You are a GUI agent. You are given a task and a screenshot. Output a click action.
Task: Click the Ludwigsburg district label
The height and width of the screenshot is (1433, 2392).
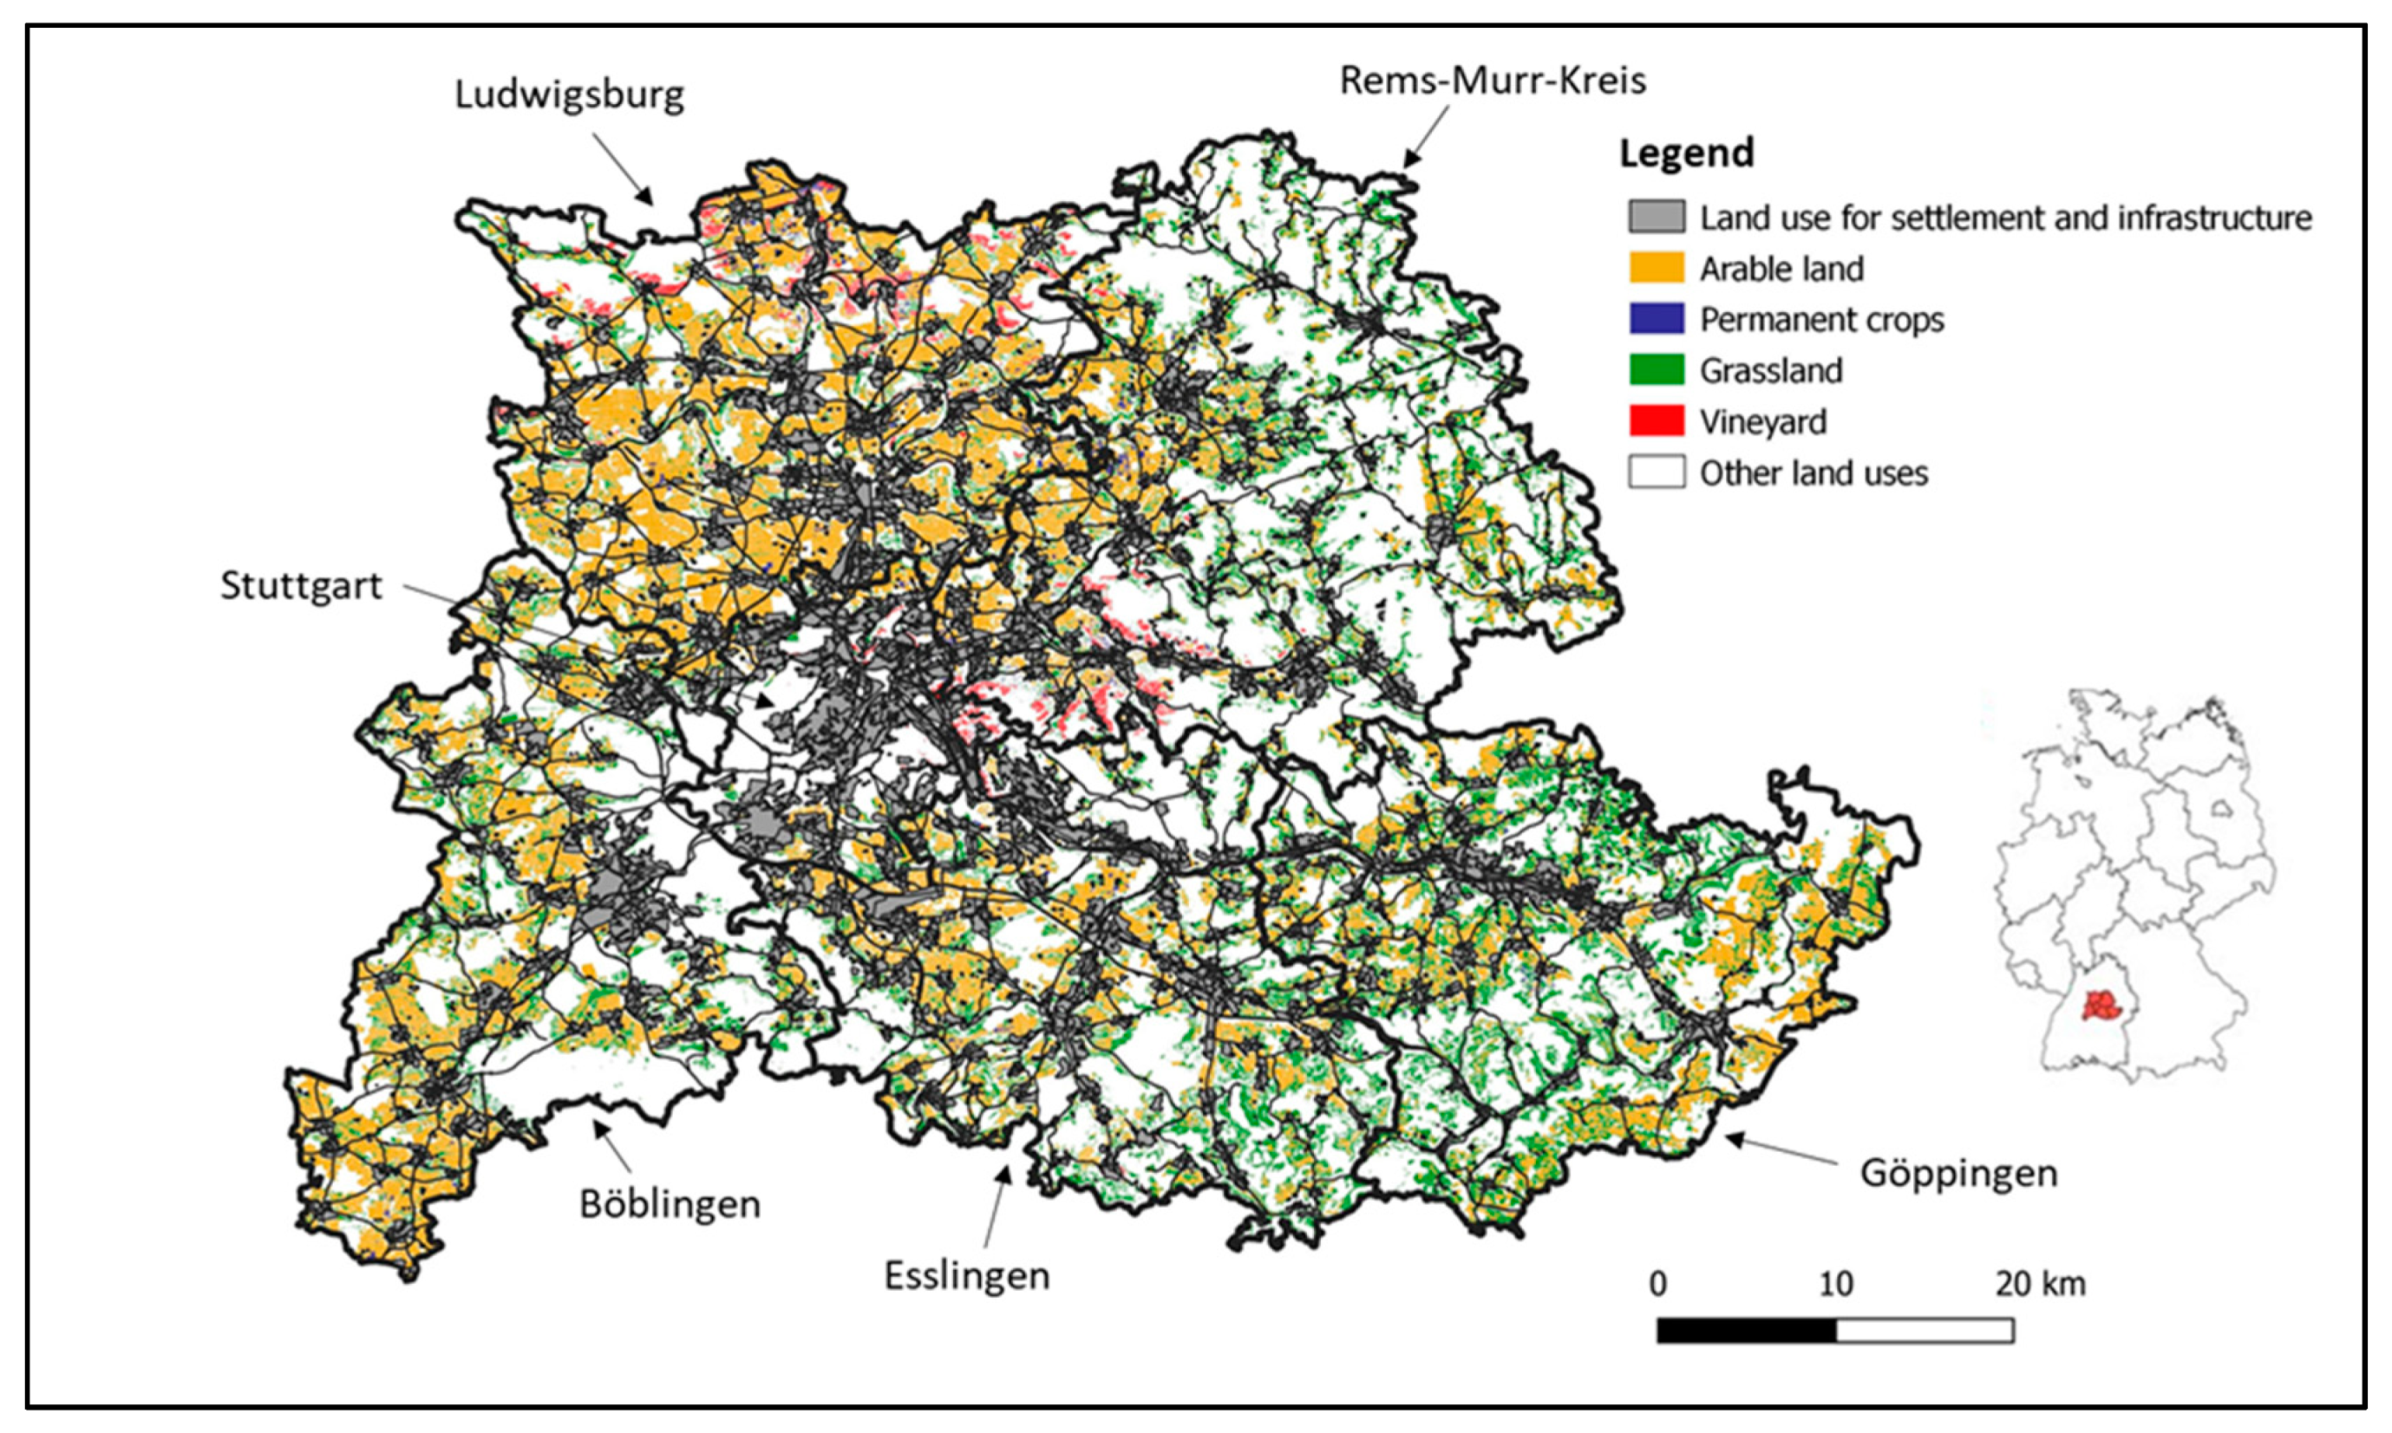569,95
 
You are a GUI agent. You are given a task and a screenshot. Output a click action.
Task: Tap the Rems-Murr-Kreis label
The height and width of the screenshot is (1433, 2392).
1492,80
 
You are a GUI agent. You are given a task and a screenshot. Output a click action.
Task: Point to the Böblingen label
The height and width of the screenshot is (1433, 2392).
670,1204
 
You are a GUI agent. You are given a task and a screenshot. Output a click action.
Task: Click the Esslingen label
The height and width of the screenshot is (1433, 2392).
966,1275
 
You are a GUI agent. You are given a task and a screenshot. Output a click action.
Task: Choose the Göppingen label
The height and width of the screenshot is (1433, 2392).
1958,1173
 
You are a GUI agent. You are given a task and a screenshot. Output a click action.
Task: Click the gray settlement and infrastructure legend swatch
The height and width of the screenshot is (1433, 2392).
1656,218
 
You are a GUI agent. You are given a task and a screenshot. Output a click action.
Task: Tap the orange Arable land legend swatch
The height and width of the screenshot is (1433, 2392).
1656,268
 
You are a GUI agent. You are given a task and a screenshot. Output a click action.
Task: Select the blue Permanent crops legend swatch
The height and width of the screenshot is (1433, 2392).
1656,319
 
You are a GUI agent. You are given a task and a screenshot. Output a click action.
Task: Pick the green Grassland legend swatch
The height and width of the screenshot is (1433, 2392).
1656,370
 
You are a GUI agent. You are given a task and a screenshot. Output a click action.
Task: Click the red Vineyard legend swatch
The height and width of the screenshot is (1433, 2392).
1656,421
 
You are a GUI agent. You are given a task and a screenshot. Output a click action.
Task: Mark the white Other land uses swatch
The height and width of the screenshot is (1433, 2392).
1656,472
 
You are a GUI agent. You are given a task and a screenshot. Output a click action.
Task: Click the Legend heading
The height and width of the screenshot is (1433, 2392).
1686,153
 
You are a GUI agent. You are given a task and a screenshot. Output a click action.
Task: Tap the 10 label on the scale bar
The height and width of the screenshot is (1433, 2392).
1835,1284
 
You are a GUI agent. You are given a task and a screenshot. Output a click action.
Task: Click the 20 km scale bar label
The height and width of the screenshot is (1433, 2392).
2041,1284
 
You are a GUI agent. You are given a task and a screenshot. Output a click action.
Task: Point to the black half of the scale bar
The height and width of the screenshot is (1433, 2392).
1746,1331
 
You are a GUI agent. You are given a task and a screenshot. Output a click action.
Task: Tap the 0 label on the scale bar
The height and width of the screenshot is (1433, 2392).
1657,1284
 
